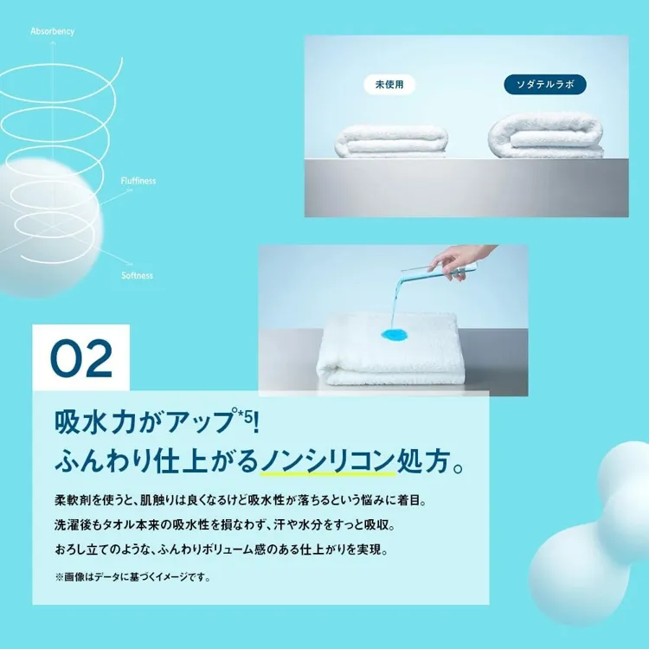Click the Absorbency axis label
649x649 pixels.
click(x=53, y=31)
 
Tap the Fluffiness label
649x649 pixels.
click(x=138, y=181)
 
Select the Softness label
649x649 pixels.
click(x=137, y=276)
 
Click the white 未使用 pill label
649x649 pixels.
click(x=389, y=85)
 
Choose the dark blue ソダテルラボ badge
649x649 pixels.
click(x=545, y=85)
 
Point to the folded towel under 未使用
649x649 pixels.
click(x=391, y=142)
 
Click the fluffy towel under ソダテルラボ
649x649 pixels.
click(x=546, y=135)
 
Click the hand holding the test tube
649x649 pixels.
click(x=459, y=260)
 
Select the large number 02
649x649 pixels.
click(x=81, y=358)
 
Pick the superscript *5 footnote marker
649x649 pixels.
click(x=243, y=416)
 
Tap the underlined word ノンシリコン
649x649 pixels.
click(x=328, y=461)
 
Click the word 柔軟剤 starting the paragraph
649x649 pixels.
click(x=73, y=500)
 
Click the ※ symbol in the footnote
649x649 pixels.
click(x=59, y=577)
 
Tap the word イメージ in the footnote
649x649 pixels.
click(x=172, y=577)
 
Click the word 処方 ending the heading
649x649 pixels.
click(x=423, y=461)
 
